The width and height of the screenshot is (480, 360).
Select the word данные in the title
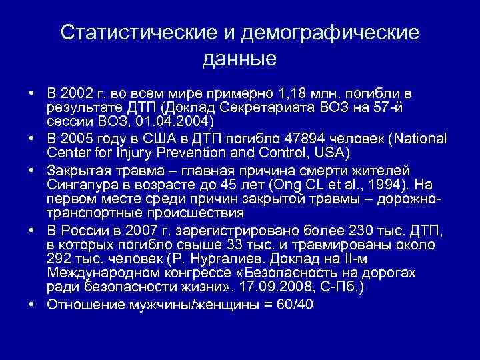(x=239, y=59)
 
